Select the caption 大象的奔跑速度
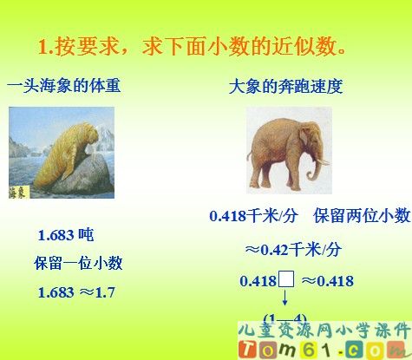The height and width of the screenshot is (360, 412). point(286,87)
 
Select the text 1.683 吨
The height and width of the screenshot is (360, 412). point(66,235)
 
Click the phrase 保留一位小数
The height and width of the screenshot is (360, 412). point(78,263)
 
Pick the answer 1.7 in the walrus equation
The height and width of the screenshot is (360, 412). point(105,292)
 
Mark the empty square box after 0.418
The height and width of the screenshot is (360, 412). point(288,279)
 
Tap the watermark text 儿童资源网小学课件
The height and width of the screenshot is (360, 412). point(323,331)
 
